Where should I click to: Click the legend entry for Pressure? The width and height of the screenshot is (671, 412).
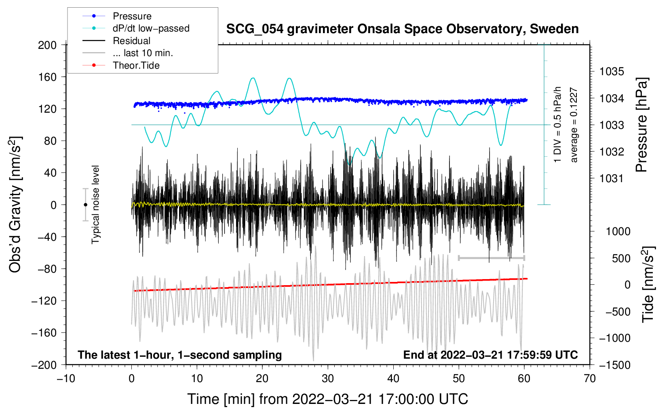pos(132,16)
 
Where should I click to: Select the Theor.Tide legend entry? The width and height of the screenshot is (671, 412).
pos(136,65)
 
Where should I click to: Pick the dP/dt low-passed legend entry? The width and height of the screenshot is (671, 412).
pos(151,28)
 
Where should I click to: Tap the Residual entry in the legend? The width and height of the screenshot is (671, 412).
pos(131,41)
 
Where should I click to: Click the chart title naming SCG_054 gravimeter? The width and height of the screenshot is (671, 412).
pos(402,29)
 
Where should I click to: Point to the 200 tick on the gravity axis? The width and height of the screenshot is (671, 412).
pos(47,45)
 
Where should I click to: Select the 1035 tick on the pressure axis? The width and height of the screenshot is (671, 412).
pos(612,71)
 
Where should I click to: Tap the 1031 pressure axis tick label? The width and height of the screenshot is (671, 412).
pos(612,178)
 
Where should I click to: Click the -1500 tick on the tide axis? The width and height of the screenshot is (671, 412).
pos(614,365)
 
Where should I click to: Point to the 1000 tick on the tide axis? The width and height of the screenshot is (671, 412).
pos(618,231)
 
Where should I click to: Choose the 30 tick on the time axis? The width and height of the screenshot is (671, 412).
pos(328,378)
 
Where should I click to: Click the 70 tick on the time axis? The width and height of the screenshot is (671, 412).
pos(590,378)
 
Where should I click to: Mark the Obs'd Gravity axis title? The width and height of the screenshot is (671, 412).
pos(15,204)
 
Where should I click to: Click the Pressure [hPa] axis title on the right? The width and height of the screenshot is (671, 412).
pos(642,125)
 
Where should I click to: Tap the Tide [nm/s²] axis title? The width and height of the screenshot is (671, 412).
pos(648,284)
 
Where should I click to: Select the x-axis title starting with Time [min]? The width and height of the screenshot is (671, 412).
pos(327,399)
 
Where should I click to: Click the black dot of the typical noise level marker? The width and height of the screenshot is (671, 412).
pos(86,205)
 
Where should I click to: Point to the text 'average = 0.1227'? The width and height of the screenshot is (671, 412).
pos(574,125)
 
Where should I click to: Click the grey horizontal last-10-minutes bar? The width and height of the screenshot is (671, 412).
pos(492,258)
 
